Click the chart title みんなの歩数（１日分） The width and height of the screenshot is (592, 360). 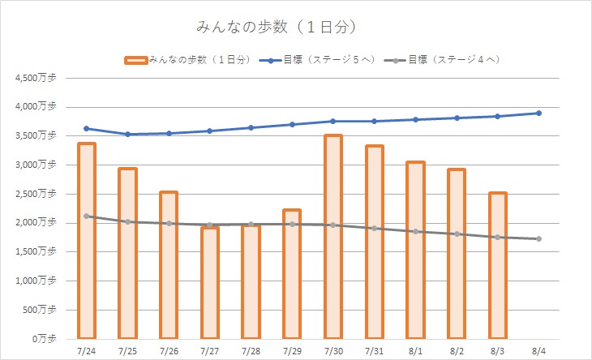click(277, 28)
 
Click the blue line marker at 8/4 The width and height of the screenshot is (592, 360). click(538, 113)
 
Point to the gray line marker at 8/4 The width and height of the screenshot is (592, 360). click(538, 238)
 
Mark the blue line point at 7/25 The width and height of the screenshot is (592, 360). click(127, 134)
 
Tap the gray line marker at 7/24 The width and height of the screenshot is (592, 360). click(86, 216)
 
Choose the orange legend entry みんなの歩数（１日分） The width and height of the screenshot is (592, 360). click(191, 59)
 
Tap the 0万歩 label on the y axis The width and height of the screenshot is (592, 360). click(41, 338)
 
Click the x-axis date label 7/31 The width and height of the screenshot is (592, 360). click(374, 351)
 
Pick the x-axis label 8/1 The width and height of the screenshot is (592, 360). click(415, 351)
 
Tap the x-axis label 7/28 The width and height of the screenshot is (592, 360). click(251, 351)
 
